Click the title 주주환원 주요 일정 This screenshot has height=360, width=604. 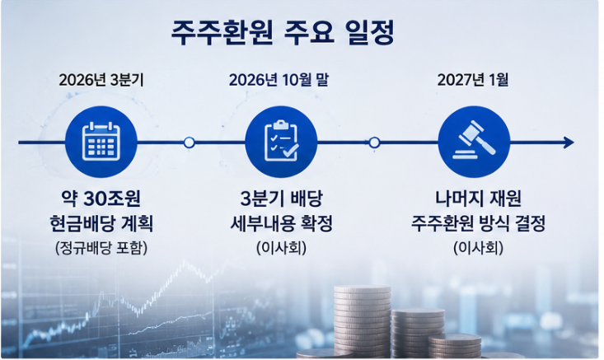(x=283, y=34)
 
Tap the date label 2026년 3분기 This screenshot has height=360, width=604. (x=101, y=80)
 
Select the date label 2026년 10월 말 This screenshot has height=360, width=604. (x=279, y=80)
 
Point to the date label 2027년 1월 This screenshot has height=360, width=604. (x=473, y=80)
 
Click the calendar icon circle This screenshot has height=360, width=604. (x=101, y=142)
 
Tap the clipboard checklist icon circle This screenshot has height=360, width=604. (x=281, y=142)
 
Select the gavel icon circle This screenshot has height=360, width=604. (x=474, y=142)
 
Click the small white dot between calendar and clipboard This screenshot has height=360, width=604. (x=189, y=143)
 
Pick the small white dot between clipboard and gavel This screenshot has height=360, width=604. (x=374, y=143)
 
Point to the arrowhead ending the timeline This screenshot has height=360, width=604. (x=569, y=143)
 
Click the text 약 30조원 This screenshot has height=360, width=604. (x=101, y=199)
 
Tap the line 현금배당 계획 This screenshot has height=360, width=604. (x=101, y=224)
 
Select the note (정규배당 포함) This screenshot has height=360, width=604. (x=101, y=248)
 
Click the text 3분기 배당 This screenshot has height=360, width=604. (x=281, y=199)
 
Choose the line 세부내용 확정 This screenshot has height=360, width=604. (x=281, y=224)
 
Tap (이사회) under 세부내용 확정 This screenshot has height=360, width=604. (x=282, y=248)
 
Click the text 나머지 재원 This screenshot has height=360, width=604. (x=478, y=199)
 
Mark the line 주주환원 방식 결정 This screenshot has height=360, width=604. (x=478, y=224)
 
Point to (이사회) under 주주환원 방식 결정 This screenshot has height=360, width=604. (x=479, y=248)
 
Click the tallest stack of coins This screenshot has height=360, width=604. (x=362, y=320)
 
